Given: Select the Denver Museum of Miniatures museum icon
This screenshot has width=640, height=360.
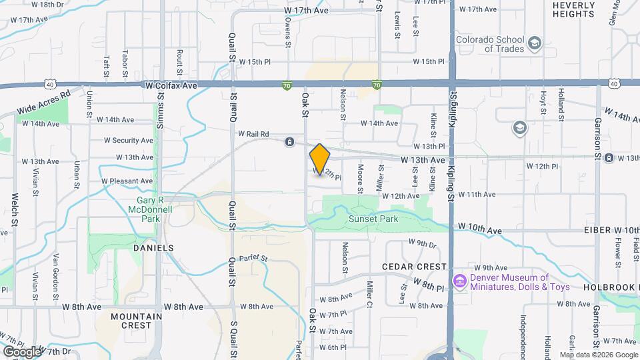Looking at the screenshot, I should coord(459,282).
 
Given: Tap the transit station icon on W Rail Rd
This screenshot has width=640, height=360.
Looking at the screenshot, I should coord(289,141).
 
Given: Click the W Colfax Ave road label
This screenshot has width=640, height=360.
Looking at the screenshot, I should coord(171,86).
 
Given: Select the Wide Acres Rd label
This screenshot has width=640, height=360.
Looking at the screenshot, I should coord(45,101).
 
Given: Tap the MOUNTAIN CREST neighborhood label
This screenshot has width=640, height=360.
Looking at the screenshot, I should coord(136,321).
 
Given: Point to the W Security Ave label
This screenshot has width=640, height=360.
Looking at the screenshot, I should coord(128,141).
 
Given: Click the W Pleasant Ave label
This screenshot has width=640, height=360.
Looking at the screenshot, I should coord(127,181).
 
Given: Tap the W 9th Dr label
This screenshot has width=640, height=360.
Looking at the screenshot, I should coord(421,243).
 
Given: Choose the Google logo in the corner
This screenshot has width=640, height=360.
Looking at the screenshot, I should coord(21,351).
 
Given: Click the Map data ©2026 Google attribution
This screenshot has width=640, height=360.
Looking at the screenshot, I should coord(598,355).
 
